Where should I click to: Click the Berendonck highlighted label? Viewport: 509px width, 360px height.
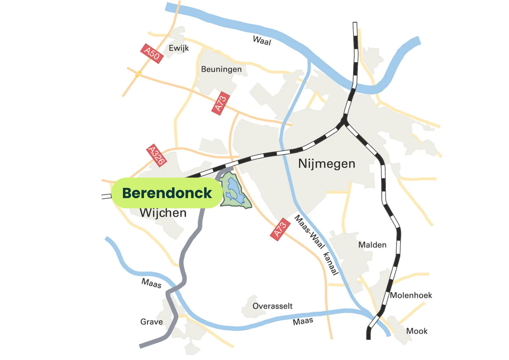pos(166,193)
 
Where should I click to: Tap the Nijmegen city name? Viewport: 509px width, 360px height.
pos(327,163)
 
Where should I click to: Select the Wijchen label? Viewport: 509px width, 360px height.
pos(163,213)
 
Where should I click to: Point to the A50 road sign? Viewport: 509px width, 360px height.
pos(152,54)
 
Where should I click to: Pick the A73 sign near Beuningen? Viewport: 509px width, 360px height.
pos(221,103)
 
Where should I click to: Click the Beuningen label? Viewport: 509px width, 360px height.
pos(221,69)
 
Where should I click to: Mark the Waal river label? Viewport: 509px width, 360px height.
pos(261,41)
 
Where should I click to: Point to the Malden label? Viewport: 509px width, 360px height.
pos(372,245)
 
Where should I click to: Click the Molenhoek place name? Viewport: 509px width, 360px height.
pos(411,295)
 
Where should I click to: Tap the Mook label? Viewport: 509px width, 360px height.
pos(417,331)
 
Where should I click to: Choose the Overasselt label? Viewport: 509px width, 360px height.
pos(273,306)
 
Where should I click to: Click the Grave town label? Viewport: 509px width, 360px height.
pos(152,322)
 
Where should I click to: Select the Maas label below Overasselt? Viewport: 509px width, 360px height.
pos(303,321)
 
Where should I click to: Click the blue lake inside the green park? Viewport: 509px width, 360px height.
pos(234,189)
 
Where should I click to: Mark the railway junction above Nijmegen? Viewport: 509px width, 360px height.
pos(345,122)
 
